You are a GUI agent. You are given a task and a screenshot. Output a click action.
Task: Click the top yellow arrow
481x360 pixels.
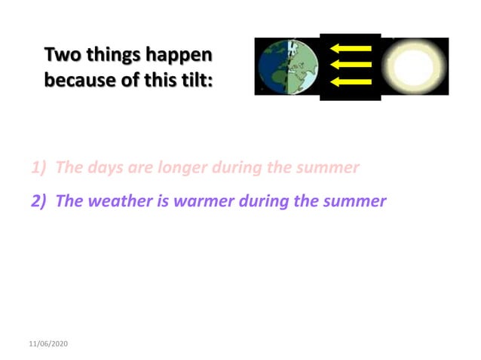point(351,49)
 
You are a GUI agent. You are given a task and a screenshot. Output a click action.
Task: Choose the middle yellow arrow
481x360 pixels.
point(351,65)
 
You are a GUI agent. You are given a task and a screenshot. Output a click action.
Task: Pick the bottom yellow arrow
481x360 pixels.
point(351,81)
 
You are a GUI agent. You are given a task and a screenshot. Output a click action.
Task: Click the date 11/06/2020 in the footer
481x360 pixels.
point(48,343)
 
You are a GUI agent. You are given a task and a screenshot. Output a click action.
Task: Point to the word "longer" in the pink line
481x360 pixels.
point(181,167)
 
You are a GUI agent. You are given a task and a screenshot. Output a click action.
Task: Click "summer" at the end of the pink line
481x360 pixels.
point(329,167)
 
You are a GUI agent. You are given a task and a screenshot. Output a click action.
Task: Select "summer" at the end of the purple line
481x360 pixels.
point(355,201)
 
